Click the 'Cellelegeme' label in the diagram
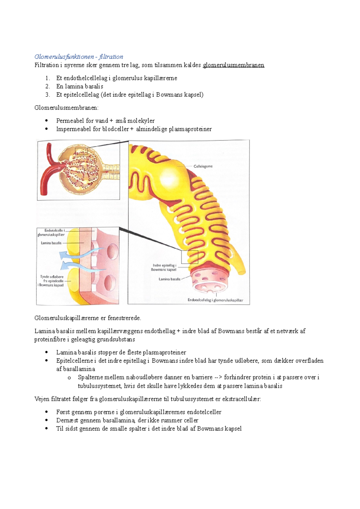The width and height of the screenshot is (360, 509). tap(203, 166)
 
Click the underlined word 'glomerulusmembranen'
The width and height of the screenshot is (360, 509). tap(233, 65)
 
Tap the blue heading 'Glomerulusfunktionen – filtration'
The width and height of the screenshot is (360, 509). tap(79, 57)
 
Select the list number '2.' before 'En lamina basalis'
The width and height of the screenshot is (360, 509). tap(47, 86)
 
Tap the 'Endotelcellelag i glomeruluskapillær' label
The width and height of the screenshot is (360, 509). tap(215, 300)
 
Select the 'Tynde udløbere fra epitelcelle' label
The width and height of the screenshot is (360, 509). tap(52, 281)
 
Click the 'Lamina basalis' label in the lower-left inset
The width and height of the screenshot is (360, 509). tap(51, 243)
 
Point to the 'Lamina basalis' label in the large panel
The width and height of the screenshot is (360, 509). tap(169, 279)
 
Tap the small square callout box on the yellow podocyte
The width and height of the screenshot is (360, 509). tap(189, 257)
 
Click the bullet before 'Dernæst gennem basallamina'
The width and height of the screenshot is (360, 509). tap(46, 420)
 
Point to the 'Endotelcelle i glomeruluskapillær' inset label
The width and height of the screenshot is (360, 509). tap(51, 233)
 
